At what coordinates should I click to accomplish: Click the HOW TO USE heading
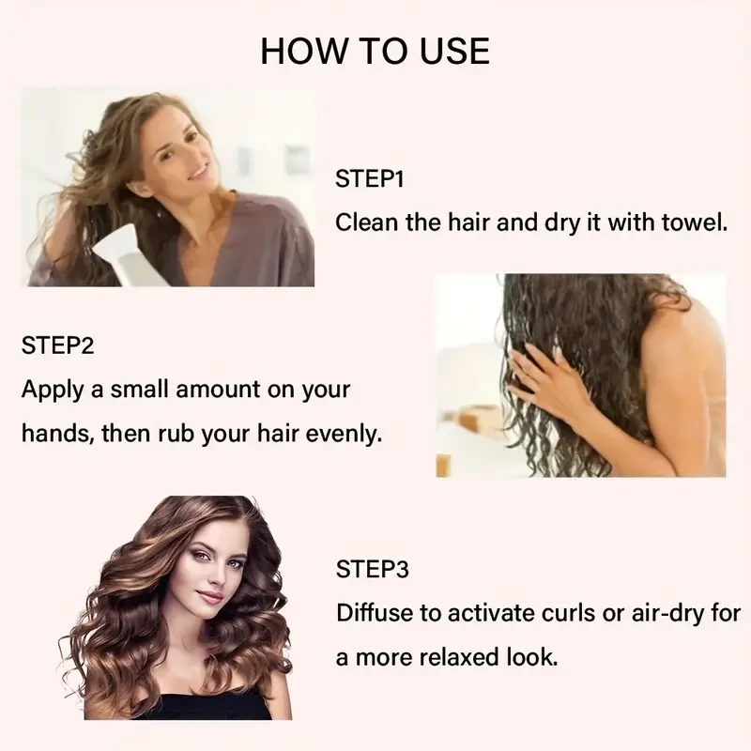[x=375, y=51]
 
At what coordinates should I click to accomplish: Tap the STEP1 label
[x=369, y=179]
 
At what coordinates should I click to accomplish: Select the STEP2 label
[x=57, y=345]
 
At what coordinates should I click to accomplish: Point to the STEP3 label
[x=371, y=569]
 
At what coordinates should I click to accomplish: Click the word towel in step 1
[x=693, y=223]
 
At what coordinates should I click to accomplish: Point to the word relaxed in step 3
[x=457, y=657]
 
